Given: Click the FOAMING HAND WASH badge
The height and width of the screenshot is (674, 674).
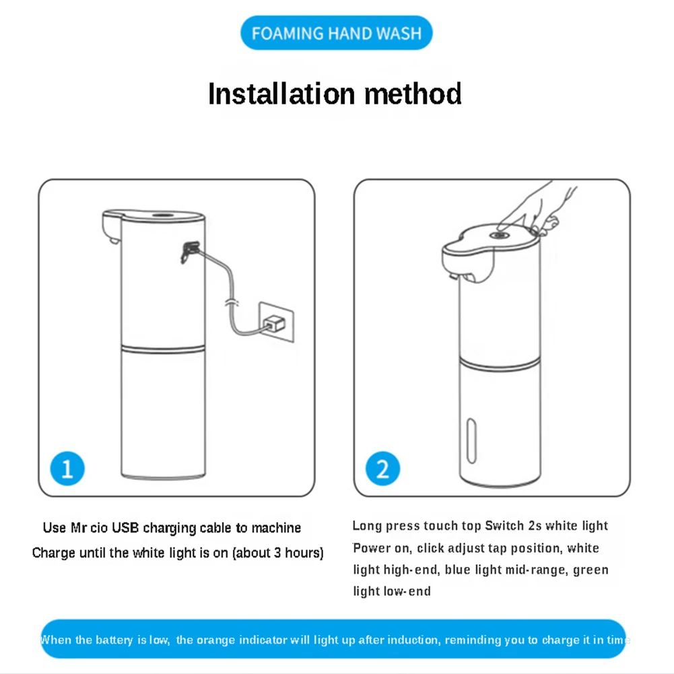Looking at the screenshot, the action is (336, 33).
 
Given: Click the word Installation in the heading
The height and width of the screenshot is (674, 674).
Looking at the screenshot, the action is (281, 94).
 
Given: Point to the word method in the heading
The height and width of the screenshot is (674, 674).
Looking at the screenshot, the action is (413, 94).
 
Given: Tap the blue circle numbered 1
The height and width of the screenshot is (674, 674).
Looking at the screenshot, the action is (67, 468).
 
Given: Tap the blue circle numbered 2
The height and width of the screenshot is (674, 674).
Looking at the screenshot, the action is (382, 468).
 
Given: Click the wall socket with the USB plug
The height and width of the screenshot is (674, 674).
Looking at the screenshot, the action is (276, 323).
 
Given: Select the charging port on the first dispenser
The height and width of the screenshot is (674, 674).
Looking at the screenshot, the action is (190, 251).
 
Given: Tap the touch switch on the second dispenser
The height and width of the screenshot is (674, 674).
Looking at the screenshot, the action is (499, 235).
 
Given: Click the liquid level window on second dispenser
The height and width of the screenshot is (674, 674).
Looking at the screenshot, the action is (471, 441).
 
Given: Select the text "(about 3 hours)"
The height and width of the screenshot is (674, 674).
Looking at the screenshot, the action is (278, 553).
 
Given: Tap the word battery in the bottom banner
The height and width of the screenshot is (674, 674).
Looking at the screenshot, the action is (114, 640).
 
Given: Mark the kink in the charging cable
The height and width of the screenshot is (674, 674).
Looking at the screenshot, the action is (232, 302).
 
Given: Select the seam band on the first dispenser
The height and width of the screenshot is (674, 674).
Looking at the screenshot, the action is (162, 349).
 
